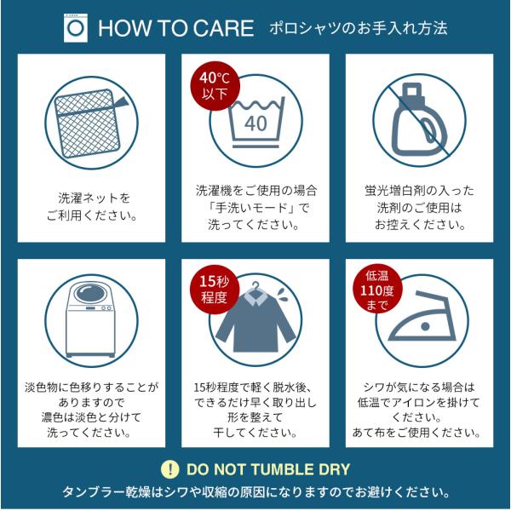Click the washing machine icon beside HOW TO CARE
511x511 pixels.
(76, 28)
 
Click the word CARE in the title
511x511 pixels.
(225, 28)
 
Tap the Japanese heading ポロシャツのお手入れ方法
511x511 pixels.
(359, 28)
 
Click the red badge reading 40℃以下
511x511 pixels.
(215, 86)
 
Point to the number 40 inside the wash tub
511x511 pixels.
(255, 123)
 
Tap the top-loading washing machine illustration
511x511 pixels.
(90, 319)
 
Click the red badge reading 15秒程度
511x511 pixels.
(215, 290)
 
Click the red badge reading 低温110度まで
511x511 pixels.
(377, 290)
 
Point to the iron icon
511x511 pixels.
(422, 316)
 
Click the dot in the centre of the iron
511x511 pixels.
(425, 326)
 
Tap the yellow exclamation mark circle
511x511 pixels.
(169, 469)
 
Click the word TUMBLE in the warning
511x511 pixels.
(282, 469)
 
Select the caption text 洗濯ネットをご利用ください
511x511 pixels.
(92, 207)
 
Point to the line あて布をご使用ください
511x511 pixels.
(416, 433)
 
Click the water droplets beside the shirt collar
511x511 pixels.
(281, 294)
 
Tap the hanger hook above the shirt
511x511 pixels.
(256, 285)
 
